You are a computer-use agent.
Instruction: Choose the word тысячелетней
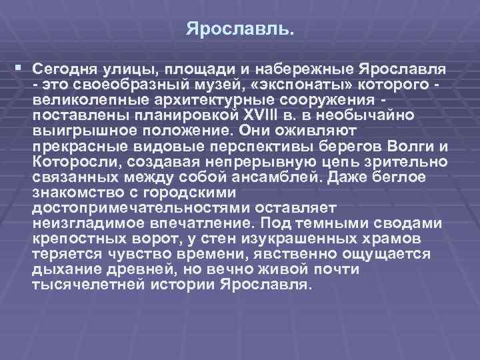click(85, 285)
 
